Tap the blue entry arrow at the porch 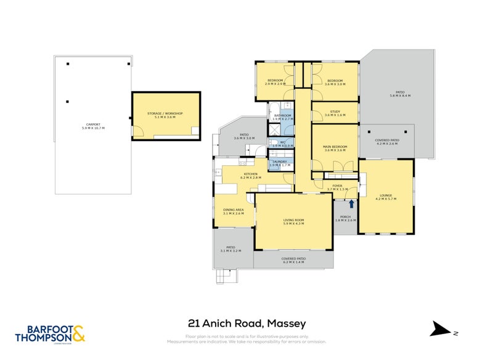[x=351, y=203]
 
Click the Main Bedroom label [x=335, y=148]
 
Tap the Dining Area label [x=234, y=211]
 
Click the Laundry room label [x=279, y=163]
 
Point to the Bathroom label [x=282, y=117]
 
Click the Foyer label [x=337, y=187]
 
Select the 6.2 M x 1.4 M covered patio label [x=293, y=260]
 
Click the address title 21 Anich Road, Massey [x=246, y=323]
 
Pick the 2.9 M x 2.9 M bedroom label [x=275, y=82]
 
